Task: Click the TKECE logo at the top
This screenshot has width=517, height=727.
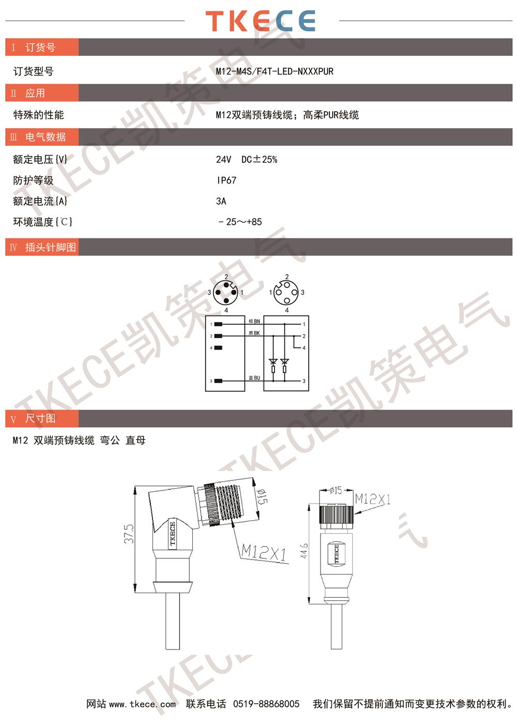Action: pos(260,21)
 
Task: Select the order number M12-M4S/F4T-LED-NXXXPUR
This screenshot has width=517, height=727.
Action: pos(275,71)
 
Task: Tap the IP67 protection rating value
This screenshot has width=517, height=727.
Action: pos(226,180)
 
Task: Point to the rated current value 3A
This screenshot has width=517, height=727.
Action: pos(221,201)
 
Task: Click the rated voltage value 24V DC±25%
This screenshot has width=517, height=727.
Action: pos(247,159)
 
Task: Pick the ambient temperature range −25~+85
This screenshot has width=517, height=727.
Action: pos(240,222)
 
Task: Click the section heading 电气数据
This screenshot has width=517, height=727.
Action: pos(45,137)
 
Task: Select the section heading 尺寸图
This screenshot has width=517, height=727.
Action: pos(40,418)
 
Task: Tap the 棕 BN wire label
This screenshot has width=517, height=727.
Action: pos(254,321)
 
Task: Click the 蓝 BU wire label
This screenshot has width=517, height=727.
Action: pos(254,378)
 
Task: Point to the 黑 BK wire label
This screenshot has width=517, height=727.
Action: pos(254,333)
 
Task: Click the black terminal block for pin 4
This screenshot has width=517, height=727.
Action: pos(218,347)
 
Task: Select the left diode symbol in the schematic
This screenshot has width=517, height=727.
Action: pos(273,361)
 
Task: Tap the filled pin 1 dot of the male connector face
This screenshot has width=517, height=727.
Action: pos(234,293)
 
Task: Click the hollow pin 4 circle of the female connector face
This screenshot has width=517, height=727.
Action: pos(286,300)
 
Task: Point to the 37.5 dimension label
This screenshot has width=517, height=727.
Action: pos(129,533)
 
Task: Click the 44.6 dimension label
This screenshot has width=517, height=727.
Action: pos(304,551)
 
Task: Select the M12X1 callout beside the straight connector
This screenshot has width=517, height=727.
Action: pos(373,499)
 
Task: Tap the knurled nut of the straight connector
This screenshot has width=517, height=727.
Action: pos(336,518)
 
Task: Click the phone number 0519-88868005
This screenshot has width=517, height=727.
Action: pos(266,704)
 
